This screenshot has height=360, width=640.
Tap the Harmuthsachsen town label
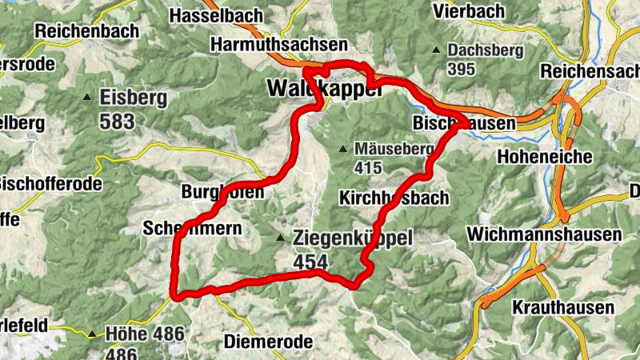click(x=279, y=45)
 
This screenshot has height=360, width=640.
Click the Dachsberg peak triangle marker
click(x=436, y=50)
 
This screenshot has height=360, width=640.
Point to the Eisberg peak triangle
click(x=87, y=98)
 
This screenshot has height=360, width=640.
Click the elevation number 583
click(x=118, y=121)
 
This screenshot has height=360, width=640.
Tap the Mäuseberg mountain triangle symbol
click(x=342, y=148)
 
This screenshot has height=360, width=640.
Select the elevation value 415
click(x=369, y=168)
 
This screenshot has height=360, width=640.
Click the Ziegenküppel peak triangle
click(x=280, y=238)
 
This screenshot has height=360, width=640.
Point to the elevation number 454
click(x=311, y=262)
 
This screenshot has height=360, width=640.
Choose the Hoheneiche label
click(x=545, y=156)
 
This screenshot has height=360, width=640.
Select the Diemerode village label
click(x=270, y=342)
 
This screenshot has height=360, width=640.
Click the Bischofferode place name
click(x=51, y=184)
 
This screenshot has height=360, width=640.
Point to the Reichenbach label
click(x=86, y=30)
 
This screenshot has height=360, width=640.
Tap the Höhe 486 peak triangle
click(x=92, y=334)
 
